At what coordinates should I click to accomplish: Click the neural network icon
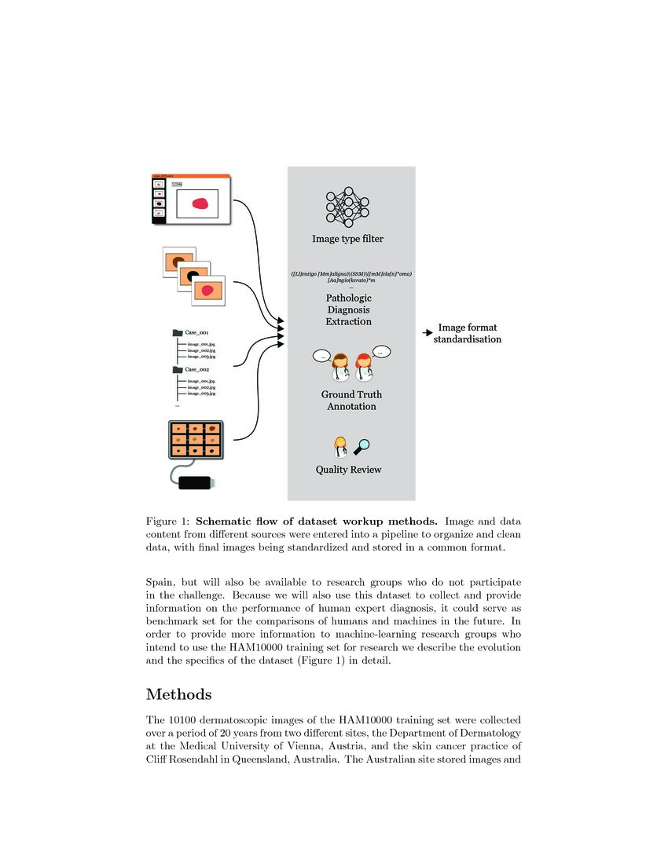(347, 206)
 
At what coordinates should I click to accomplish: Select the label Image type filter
(347, 239)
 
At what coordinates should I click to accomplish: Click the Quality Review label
(348, 470)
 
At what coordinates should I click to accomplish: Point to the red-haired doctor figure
(363, 369)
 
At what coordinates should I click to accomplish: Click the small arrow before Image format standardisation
(428, 333)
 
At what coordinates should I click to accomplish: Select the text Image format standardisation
(468, 333)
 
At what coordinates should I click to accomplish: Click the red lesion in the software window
(202, 205)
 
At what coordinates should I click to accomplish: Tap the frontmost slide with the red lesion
(208, 291)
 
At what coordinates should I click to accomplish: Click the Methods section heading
(178, 694)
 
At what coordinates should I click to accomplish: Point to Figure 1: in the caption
(168, 521)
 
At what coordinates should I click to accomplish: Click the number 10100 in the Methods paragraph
(182, 720)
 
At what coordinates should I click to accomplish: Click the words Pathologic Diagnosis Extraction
(348, 309)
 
